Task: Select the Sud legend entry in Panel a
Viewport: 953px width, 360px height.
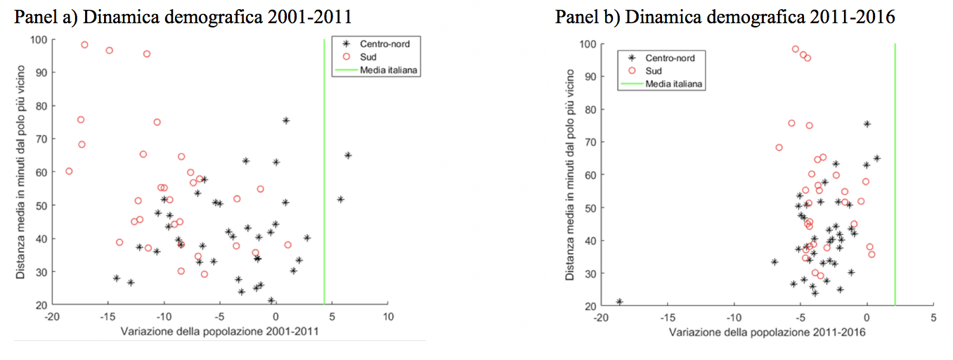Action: click(380, 57)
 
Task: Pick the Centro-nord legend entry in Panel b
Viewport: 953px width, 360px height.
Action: click(670, 58)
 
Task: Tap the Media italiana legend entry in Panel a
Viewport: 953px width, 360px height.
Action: click(389, 70)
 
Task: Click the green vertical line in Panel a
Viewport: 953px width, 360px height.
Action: click(324, 176)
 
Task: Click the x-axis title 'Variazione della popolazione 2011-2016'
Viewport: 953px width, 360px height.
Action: click(767, 331)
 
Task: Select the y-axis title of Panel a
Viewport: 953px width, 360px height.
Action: click(22, 172)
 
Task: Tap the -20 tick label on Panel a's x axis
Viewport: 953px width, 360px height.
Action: click(51, 317)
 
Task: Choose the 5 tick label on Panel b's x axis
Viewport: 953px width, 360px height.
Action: click(933, 317)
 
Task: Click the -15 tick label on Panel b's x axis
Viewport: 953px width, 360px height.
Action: click(667, 317)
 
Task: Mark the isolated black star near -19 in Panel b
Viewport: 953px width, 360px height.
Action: click(619, 302)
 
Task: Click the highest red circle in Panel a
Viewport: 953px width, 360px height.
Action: click(84, 45)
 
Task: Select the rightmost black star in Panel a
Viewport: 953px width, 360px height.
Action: click(347, 155)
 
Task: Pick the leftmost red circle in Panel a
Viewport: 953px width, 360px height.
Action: click(69, 171)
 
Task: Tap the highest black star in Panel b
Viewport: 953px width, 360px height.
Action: click(867, 124)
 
